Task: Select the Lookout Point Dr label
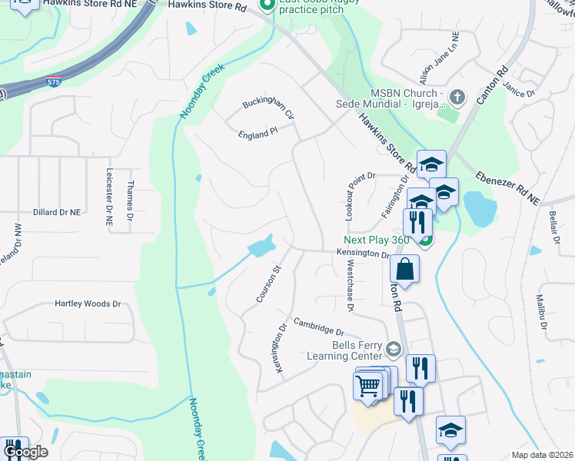349,198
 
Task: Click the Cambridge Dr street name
317,326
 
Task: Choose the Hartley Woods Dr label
88,303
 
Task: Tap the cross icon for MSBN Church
457,97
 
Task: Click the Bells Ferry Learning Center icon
394,350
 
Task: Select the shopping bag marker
405,270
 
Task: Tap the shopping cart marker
368,383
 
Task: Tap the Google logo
25,452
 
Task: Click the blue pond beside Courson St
261,247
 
